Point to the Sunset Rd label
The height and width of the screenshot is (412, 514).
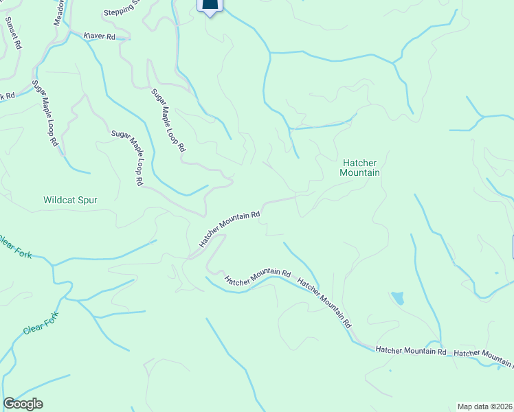coord(13,32)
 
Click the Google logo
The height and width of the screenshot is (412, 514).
coord(23,404)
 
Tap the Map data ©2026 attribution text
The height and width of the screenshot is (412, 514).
coord(484,406)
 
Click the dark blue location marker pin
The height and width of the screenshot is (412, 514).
coord(211,5)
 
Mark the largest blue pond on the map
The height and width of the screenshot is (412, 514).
coord(397,298)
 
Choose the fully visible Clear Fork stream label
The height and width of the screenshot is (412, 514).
coord(42,322)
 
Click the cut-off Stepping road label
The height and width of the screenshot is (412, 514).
coord(122,12)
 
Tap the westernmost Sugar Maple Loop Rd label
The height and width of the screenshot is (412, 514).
coord(45,113)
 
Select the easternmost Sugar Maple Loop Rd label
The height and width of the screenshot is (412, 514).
coord(168,119)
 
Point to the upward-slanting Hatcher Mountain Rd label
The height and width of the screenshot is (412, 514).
coord(230,229)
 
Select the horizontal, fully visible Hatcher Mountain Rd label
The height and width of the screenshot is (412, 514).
coord(411,351)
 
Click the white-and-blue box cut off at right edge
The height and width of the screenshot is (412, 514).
coord(511,247)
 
